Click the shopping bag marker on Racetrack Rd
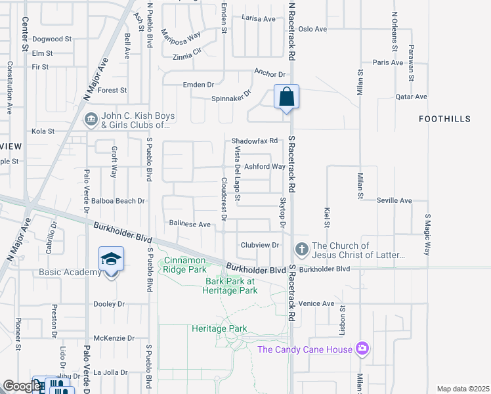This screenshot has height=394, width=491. [286, 97]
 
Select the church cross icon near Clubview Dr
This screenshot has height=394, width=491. [301, 249]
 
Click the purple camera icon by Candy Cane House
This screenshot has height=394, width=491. [362, 349]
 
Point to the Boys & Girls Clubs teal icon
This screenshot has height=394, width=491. [91, 120]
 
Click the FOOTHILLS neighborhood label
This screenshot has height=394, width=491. [444, 118]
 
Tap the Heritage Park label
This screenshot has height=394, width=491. [219, 328]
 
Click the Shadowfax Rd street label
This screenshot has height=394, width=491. [255, 141]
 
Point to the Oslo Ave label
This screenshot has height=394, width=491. [312, 29]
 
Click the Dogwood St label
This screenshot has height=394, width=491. [51, 39]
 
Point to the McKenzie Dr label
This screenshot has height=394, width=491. [114, 338]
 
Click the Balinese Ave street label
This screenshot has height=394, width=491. [190, 225]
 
